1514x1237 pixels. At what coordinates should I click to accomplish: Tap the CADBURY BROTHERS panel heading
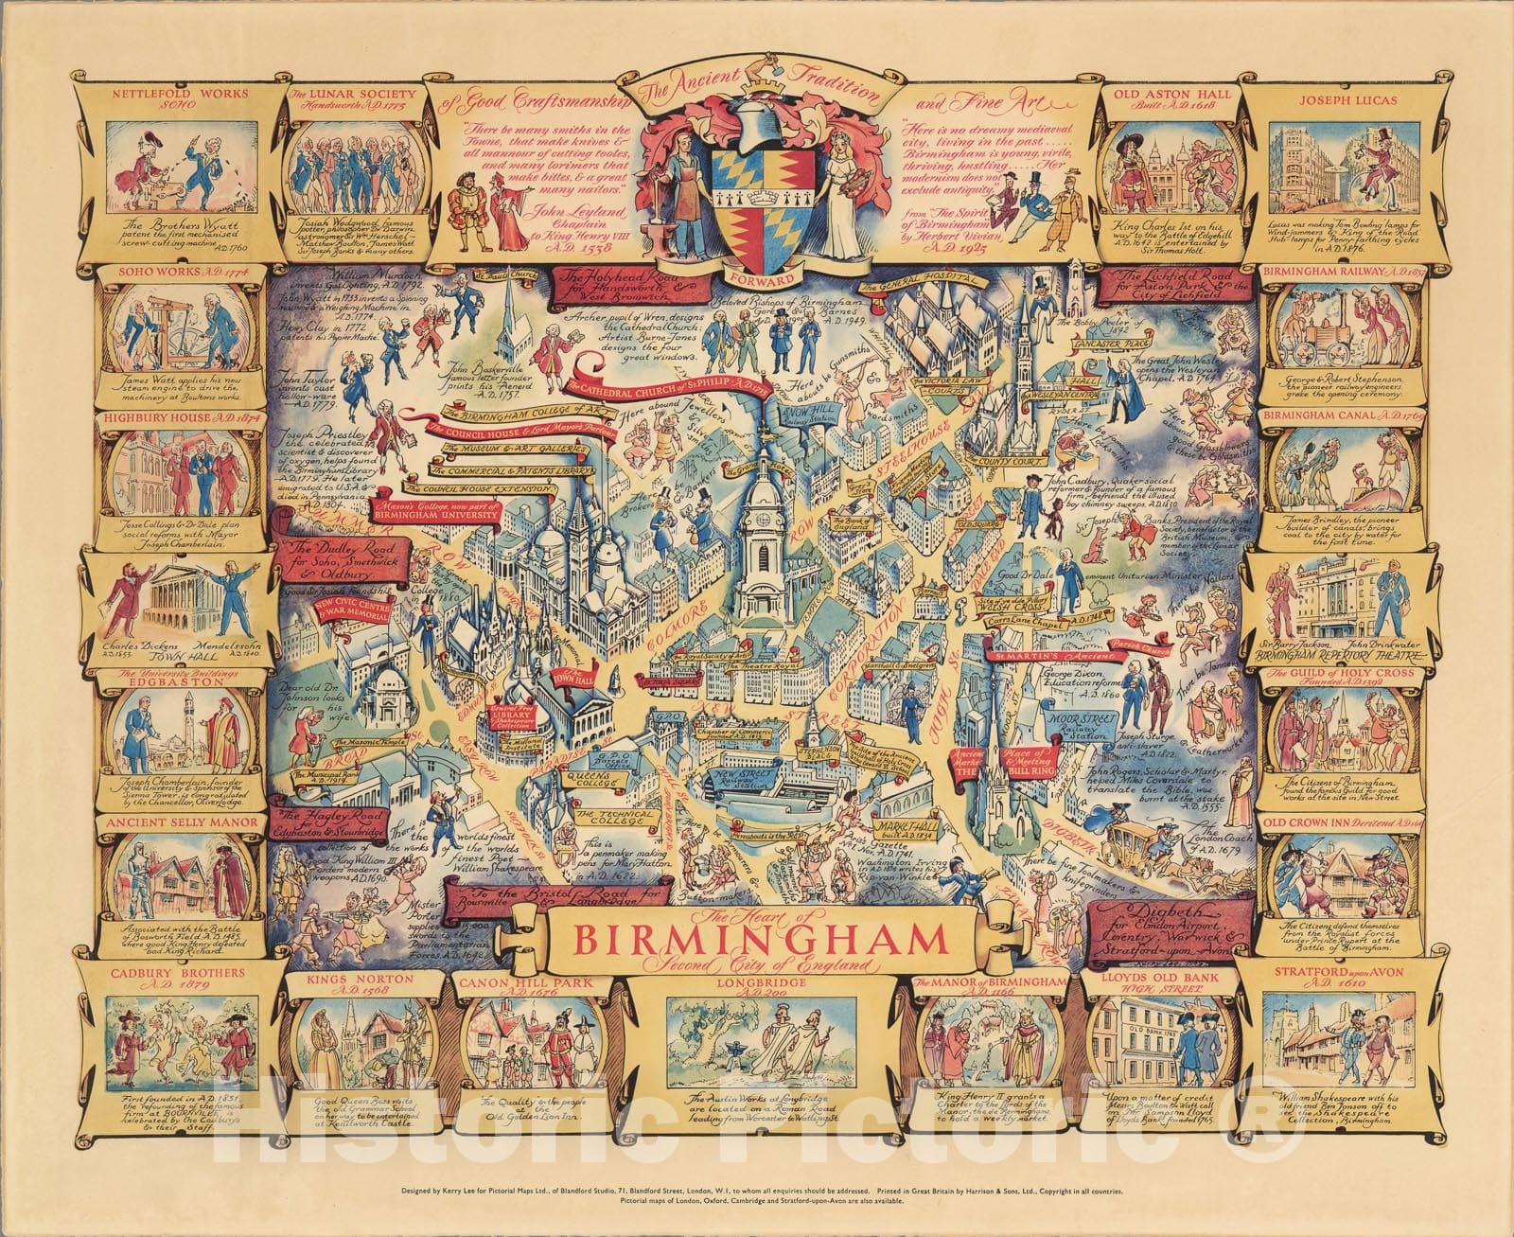(176, 972)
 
